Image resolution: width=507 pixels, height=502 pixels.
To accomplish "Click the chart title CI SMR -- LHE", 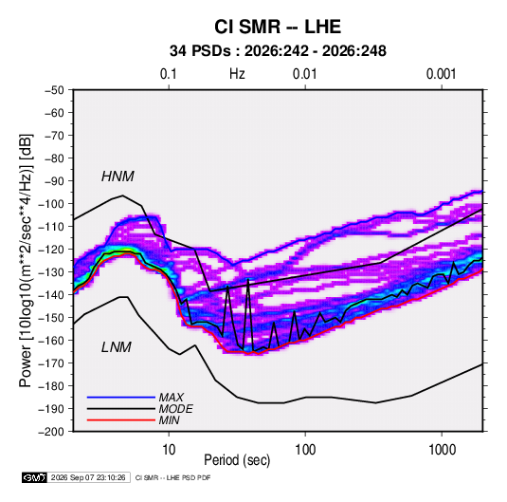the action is [278, 27].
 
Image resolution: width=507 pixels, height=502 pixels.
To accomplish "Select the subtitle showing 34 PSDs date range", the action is [278, 51].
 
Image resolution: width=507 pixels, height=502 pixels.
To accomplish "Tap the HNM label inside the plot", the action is [118, 177].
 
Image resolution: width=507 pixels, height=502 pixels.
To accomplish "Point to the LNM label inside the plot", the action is [117, 347].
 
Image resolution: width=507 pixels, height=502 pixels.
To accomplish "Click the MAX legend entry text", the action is [171, 397].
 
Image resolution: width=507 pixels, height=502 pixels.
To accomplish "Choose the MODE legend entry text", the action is [176, 409].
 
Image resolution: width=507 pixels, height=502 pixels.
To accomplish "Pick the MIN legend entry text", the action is [169, 420].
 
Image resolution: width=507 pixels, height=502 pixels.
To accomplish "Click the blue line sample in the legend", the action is [121, 397].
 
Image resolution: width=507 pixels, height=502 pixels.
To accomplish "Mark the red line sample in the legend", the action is [121, 420].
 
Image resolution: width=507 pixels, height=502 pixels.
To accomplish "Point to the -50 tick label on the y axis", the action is [54, 90].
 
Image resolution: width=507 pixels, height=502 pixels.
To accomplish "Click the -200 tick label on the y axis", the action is [51, 432].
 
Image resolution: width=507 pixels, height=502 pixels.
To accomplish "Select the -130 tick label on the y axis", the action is [51, 272].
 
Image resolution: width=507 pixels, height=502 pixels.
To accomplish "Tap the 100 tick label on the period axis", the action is [305, 450].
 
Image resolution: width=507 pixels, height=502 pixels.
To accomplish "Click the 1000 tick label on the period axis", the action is [442, 450].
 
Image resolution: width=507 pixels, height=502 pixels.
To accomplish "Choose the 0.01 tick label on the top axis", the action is [304, 74].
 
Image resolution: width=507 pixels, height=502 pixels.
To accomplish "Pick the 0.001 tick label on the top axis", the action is [441, 74].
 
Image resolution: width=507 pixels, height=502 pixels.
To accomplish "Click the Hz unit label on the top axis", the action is [237, 74].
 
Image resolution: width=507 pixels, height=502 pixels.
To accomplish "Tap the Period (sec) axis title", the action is [237, 460].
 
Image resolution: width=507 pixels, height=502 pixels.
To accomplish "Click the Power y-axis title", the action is [26, 260].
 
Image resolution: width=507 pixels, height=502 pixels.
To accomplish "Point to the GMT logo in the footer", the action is [34, 477].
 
